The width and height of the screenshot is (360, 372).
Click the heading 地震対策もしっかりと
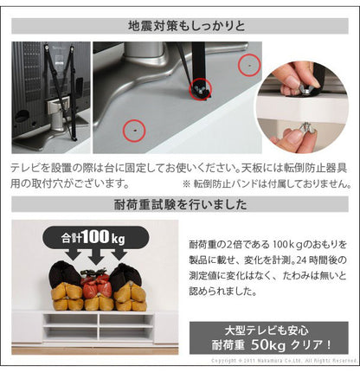point(180,22)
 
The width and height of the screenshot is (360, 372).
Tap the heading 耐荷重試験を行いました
point(180,206)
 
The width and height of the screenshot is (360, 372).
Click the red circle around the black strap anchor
point(201,87)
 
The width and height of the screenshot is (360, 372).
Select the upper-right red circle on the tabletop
point(247,63)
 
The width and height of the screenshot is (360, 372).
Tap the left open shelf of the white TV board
point(68,328)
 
